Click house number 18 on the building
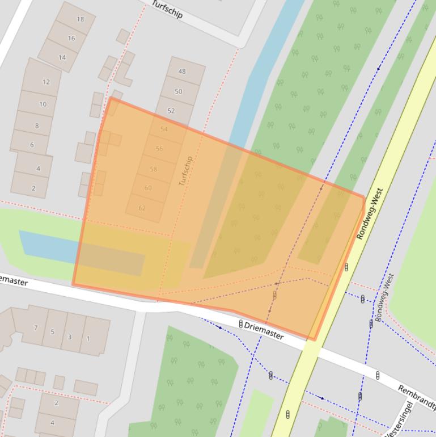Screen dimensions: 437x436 [x=80, y=19]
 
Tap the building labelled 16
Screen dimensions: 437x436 [x=71, y=39]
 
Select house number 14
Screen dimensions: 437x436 [x=62, y=57]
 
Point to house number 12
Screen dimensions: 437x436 [x=46, y=82]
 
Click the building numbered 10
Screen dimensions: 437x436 [x=43, y=104]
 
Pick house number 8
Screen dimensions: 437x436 [x=37, y=125]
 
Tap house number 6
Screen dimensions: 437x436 [x=32, y=145]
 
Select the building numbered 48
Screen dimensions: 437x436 [x=182, y=72]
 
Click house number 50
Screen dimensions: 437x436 [x=179, y=91]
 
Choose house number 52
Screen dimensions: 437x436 [x=171, y=111]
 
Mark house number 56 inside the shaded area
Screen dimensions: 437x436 [x=159, y=149]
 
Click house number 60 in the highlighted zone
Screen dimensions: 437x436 [x=148, y=188]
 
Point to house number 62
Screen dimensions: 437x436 [x=142, y=208]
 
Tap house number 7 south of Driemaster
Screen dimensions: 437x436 [x=36, y=327]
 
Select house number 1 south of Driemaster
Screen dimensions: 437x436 [x=88, y=339]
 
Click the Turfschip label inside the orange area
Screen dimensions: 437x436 [x=185, y=171]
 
